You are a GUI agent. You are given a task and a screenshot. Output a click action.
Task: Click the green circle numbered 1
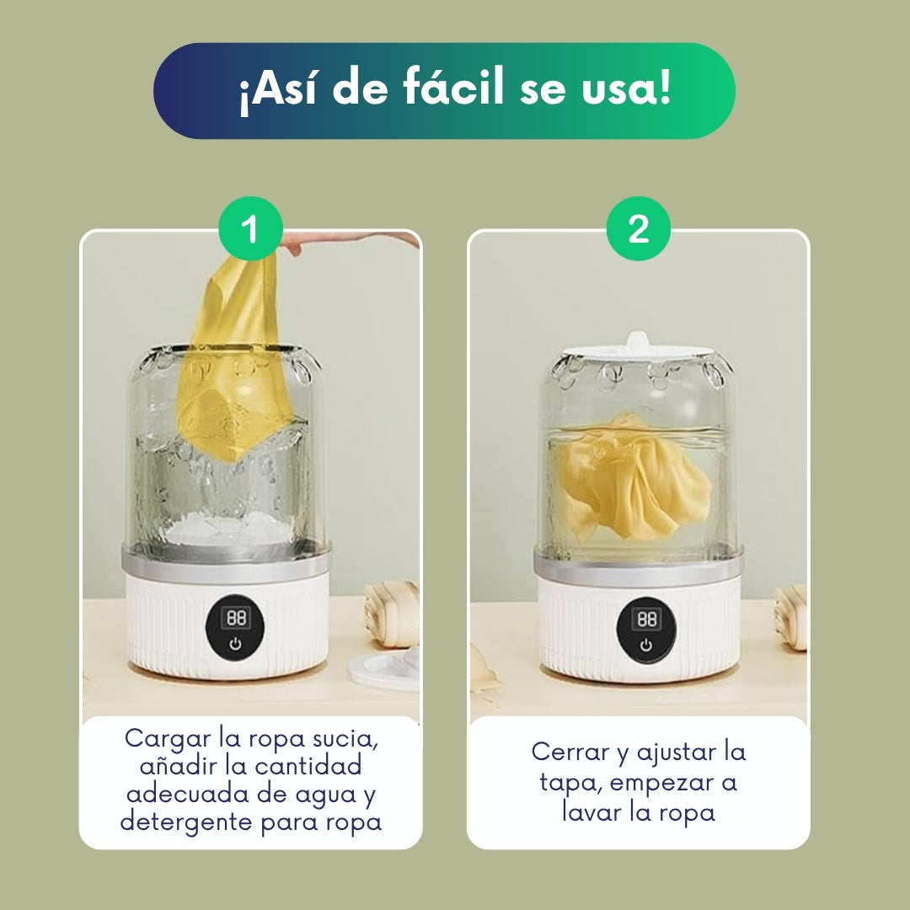[250, 228]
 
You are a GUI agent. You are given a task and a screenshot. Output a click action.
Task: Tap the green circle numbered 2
[639, 228]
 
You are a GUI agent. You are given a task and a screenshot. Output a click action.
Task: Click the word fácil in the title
[453, 88]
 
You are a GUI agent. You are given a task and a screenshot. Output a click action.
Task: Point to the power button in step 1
[235, 644]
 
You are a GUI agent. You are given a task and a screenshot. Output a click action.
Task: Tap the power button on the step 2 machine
[646, 645]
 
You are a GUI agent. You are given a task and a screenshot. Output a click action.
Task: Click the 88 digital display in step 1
[236, 618]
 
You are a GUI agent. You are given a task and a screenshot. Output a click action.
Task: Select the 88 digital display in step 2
[646, 618]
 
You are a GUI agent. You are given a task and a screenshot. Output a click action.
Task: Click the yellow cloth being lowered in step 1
[238, 360]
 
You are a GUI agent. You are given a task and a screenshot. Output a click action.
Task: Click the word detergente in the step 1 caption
[187, 822]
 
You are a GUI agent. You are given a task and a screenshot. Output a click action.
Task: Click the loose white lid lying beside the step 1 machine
[384, 671]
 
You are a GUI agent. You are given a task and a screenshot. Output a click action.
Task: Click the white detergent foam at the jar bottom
[228, 528]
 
